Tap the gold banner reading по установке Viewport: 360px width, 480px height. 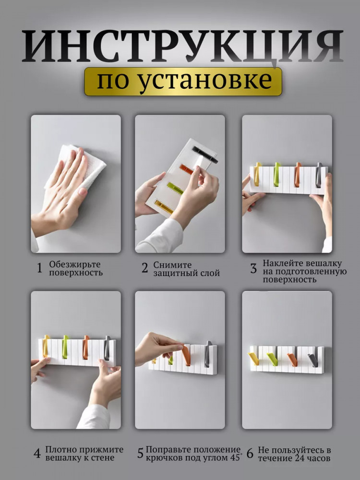(183, 82)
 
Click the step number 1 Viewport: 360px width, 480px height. (39, 268)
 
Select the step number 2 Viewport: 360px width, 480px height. (144, 268)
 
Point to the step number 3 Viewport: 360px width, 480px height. (253, 268)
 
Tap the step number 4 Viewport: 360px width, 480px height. (37, 454)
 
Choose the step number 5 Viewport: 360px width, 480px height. (140, 454)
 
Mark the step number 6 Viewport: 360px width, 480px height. (250, 454)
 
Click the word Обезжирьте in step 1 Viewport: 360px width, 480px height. (75, 265)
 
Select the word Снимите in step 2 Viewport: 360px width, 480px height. (172, 265)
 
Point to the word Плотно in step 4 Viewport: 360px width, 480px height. (62, 450)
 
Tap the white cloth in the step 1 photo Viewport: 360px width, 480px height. (76, 167)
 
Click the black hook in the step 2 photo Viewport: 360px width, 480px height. (204, 154)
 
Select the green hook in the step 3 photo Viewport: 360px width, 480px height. (277, 174)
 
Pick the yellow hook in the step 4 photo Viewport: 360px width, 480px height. (46, 346)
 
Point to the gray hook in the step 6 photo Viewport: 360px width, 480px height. (313, 360)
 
